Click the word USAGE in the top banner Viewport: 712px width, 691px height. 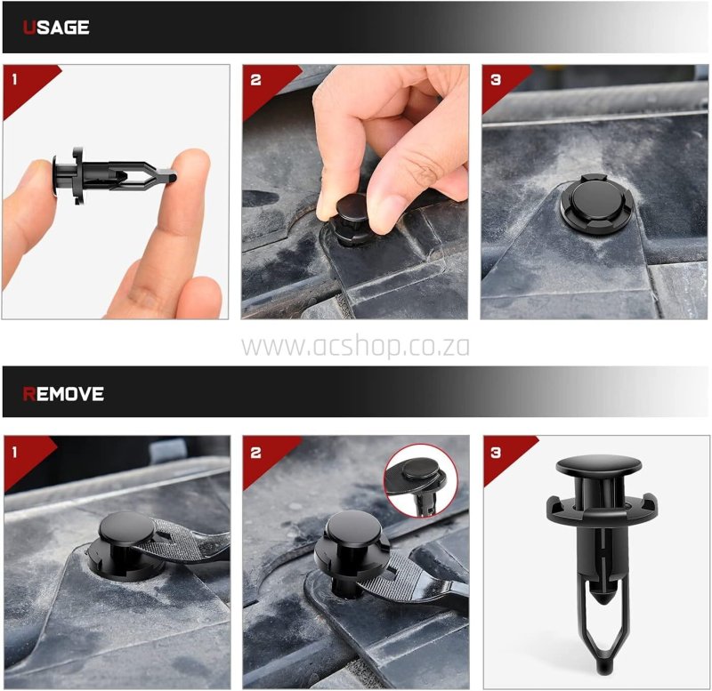coord(56,28)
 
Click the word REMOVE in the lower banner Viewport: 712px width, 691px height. coord(63,394)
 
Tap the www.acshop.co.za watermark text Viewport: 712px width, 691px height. coord(355,347)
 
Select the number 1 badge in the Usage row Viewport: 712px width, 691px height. coord(14,80)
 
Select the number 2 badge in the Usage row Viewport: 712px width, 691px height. coord(255,80)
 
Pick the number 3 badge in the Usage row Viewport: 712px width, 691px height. coord(496,80)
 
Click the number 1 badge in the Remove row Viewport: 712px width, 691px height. coord(14,452)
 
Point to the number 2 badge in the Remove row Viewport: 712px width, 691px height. coord(255,452)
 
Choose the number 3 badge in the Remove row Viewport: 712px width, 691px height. coord(496,452)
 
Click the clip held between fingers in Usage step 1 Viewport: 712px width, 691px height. coord(114,175)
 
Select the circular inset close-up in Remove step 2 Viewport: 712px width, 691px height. coord(421,481)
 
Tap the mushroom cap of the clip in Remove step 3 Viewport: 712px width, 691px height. coord(599,466)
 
